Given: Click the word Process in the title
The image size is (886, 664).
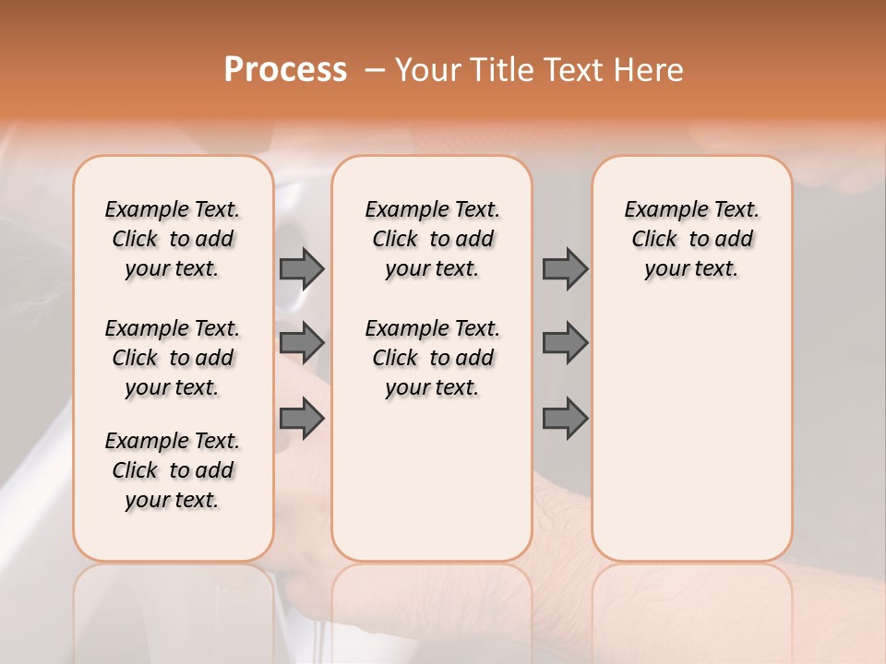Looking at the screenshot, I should pyautogui.click(x=285, y=69).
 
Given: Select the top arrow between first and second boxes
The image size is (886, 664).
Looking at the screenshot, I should pyautogui.click(x=302, y=268).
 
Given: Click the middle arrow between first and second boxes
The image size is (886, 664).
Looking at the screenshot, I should pyautogui.click(x=302, y=343).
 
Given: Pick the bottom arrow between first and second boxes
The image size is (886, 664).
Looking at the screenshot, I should pyautogui.click(x=302, y=419).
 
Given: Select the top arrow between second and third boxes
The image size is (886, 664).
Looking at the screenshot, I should pyautogui.click(x=565, y=268).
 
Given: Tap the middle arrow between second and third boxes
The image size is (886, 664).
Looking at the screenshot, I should pyautogui.click(x=565, y=343).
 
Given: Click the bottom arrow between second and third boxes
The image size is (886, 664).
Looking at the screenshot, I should pyautogui.click(x=565, y=419).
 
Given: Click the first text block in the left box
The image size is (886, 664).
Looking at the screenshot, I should pyautogui.click(x=173, y=239).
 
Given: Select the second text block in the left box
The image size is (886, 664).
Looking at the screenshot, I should pyautogui.click(x=173, y=358).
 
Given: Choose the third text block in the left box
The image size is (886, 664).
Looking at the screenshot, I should pyautogui.click(x=173, y=470).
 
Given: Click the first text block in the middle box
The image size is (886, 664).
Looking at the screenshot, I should pyautogui.click(x=432, y=239).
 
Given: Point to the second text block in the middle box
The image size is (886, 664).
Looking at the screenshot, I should pyautogui.click(x=432, y=358).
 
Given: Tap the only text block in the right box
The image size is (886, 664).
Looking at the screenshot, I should pyautogui.click(x=691, y=239).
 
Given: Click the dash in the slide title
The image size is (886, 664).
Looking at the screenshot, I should pyautogui.click(x=375, y=70).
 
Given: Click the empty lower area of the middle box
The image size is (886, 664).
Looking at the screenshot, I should pyautogui.click(x=432, y=480).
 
